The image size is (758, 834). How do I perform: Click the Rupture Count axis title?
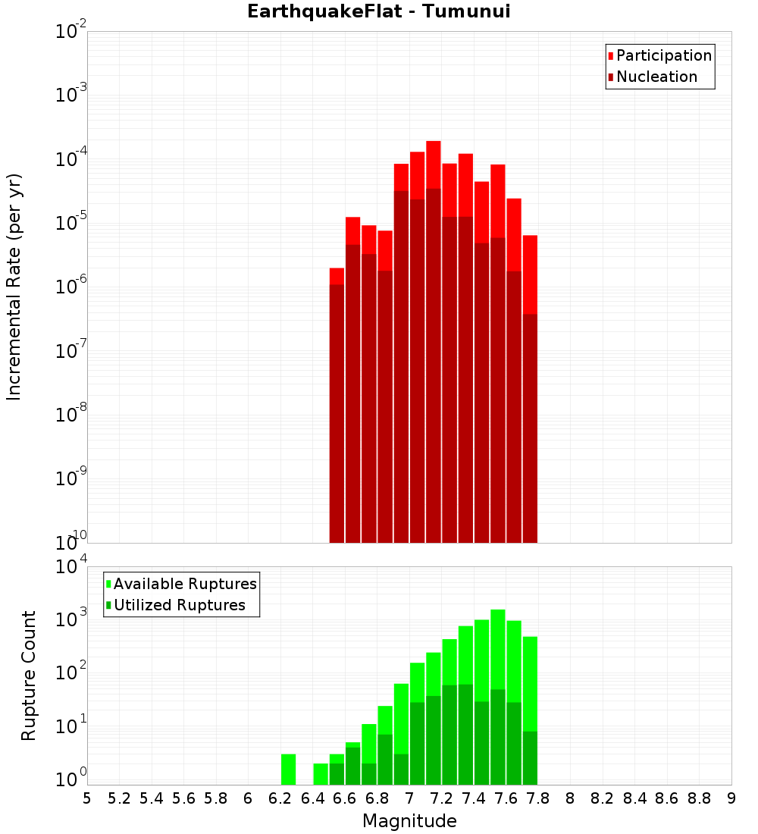click(29, 676)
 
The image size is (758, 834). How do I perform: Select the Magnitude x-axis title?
click(409, 821)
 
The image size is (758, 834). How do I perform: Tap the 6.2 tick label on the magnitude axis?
click(280, 798)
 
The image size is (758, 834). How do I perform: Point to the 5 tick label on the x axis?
click(87, 798)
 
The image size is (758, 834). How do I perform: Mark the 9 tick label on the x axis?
click(731, 798)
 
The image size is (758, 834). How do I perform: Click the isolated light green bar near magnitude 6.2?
click(288, 769)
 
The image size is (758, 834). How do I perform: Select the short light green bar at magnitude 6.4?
click(321, 773)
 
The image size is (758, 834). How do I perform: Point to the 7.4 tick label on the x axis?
click(474, 798)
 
